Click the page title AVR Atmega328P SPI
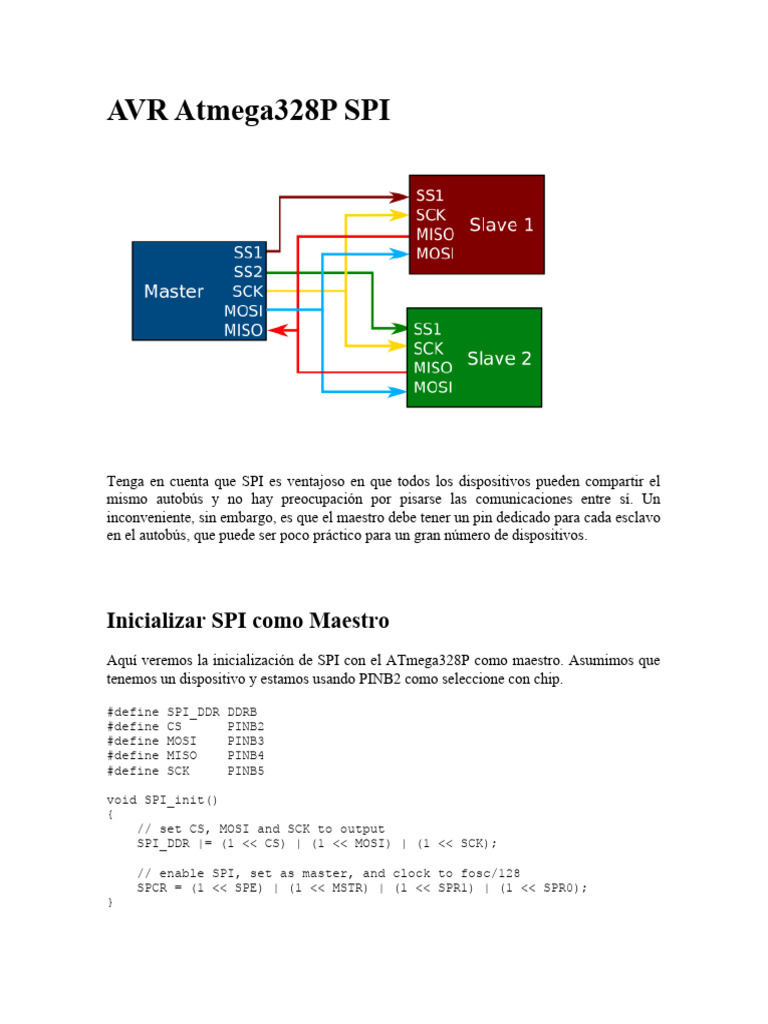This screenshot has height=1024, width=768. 248,110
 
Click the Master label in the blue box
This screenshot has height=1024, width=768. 174,292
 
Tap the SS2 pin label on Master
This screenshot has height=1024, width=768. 248,272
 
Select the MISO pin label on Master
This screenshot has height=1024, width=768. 244,330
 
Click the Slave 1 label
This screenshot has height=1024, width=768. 501,225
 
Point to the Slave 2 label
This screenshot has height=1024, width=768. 499,358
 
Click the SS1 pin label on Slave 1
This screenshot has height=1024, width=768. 430,196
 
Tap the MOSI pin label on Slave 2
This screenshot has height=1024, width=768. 433,387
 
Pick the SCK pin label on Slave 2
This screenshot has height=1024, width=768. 429,348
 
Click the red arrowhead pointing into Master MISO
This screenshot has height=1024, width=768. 277,330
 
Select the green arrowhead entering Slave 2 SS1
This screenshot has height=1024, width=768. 398,328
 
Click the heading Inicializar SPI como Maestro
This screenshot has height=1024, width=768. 247,620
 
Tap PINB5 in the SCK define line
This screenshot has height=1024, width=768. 246,771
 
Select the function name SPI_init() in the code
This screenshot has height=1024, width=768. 176,800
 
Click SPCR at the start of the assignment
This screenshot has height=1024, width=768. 152,888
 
